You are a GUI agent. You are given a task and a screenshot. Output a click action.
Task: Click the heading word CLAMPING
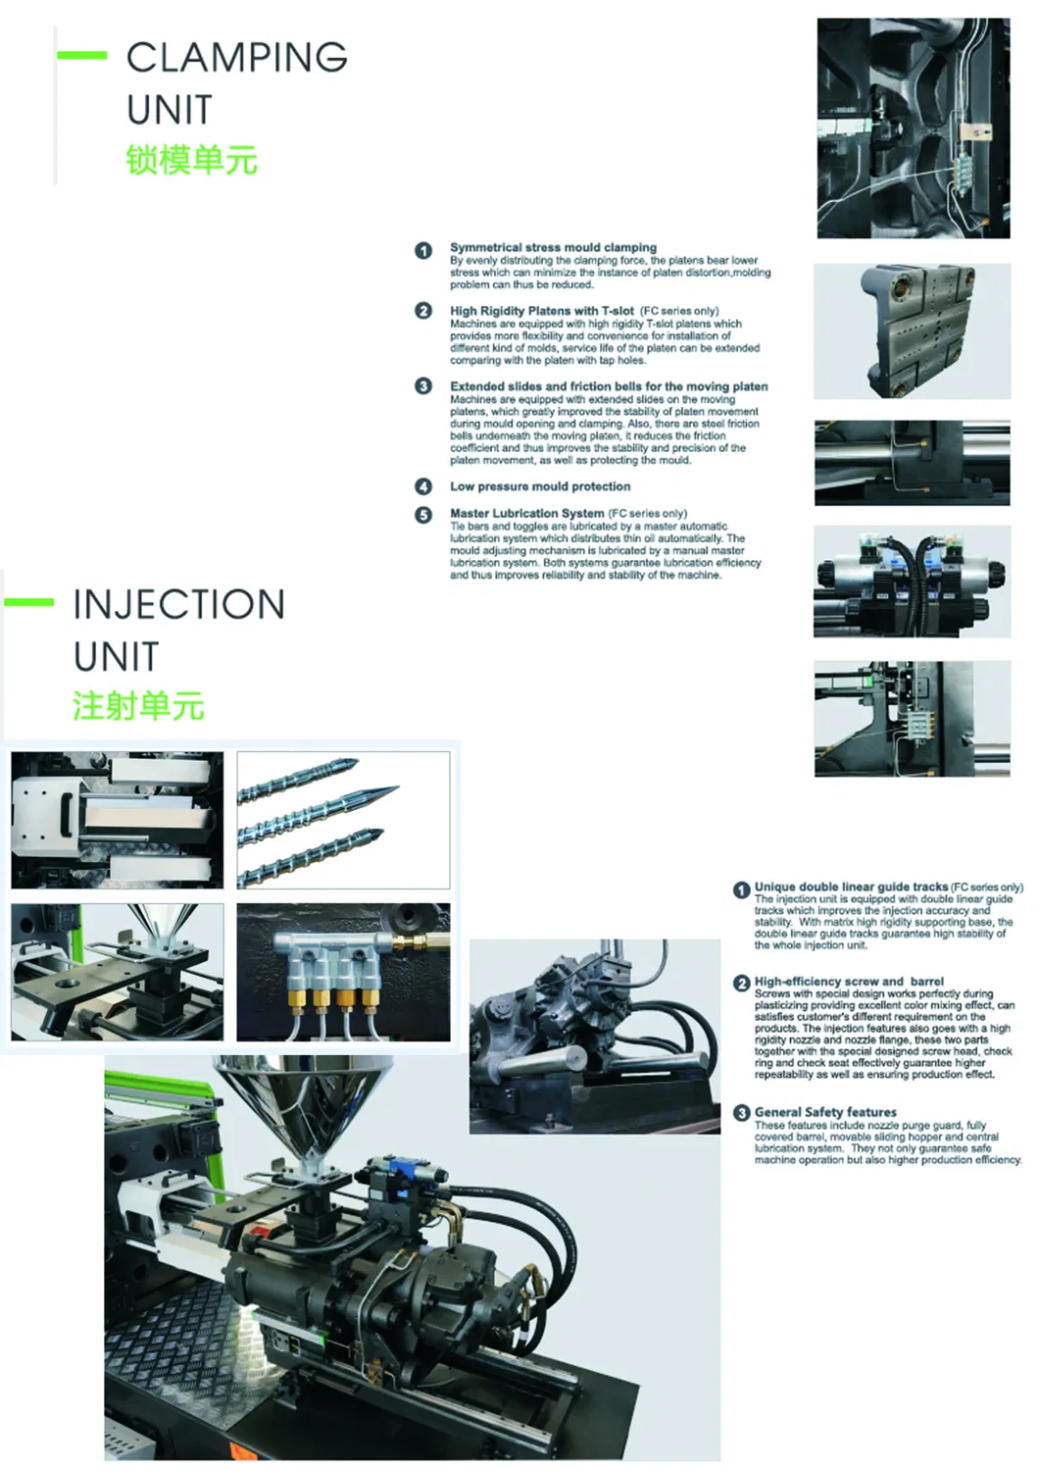[x=236, y=58]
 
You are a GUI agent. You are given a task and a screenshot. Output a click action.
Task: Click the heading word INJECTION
[x=178, y=604]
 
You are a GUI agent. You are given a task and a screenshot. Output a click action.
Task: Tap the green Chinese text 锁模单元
[x=191, y=160]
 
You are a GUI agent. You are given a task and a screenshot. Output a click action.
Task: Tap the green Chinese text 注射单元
[x=138, y=706]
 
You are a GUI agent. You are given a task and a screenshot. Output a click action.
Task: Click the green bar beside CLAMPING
[x=81, y=55]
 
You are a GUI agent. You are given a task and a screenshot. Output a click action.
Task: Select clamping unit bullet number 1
[x=423, y=250]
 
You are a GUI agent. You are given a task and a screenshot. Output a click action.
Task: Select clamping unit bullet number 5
[x=423, y=515]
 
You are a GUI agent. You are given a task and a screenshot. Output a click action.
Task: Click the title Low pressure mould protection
[x=540, y=486]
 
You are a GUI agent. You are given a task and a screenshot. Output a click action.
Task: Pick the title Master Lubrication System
[x=526, y=513]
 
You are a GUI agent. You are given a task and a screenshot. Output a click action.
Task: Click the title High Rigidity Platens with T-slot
[x=541, y=311]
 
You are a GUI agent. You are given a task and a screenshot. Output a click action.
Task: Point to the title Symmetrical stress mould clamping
[x=553, y=247]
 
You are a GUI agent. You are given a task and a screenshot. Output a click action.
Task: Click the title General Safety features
[x=825, y=1112]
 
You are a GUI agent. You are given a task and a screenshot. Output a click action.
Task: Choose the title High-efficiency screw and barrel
[x=849, y=981]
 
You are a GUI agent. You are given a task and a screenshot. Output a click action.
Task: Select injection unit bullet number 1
[x=742, y=889]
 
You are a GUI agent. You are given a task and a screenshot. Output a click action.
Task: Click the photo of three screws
[x=343, y=820]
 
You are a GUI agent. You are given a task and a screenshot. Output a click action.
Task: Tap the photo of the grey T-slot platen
[x=912, y=330]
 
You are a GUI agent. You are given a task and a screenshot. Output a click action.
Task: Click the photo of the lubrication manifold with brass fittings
[x=343, y=972]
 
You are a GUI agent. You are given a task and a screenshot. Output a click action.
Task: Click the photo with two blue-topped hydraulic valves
[x=912, y=582]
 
